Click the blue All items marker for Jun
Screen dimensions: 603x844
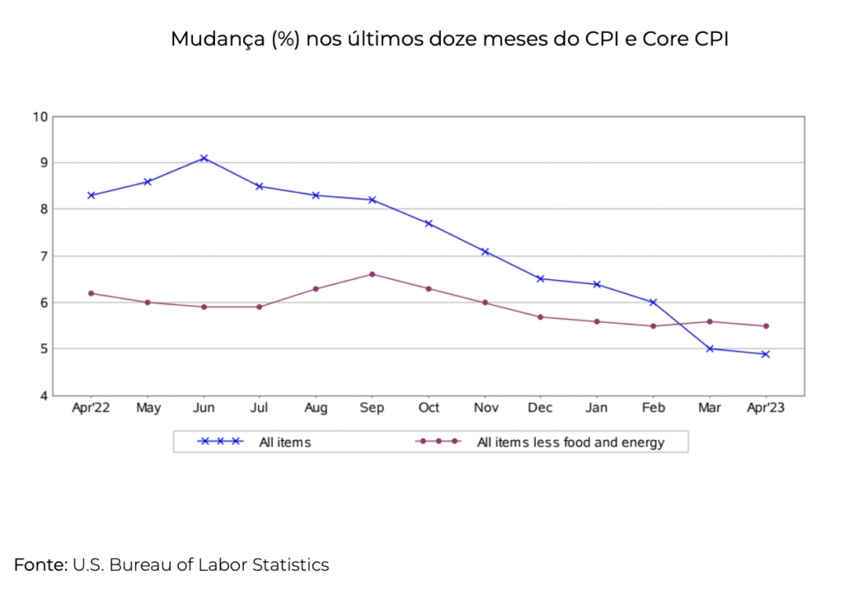click(x=204, y=158)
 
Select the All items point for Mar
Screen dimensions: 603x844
click(x=710, y=348)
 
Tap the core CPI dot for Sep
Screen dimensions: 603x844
click(x=372, y=274)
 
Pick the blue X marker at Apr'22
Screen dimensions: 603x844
click(x=91, y=195)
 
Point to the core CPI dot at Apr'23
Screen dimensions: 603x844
click(x=766, y=326)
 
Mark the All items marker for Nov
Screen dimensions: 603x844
click(x=485, y=251)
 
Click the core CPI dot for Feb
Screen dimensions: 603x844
click(x=653, y=326)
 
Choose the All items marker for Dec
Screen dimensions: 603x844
click(x=541, y=278)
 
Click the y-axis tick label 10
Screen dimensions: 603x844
click(x=40, y=116)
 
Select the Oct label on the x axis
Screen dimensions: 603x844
click(x=429, y=408)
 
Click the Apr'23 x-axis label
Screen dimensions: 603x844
click(x=766, y=408)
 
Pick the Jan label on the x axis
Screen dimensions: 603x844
click(x=597, y=408)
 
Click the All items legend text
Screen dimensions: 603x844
click(x=284, y=442)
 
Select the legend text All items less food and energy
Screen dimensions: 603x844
click(x=570, y=442)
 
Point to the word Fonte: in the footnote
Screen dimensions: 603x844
click(x=40, y=565)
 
